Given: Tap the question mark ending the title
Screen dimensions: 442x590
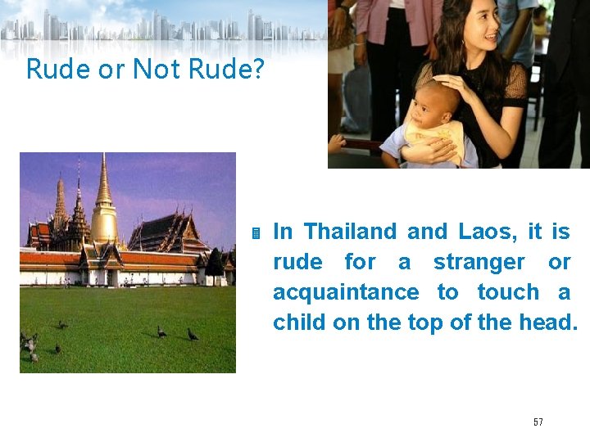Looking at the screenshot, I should point(257,69).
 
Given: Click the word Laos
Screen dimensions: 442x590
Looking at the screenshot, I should point(483,232).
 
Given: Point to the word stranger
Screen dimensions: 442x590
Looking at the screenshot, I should point(479,262).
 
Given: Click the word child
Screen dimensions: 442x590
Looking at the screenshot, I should point(300,322).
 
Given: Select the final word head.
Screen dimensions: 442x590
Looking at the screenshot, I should point(548,322).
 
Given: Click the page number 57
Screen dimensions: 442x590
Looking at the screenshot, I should point(538,422).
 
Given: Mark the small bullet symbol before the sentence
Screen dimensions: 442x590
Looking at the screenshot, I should point(256,234).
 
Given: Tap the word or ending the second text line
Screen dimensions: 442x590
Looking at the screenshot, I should point(559,262).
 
